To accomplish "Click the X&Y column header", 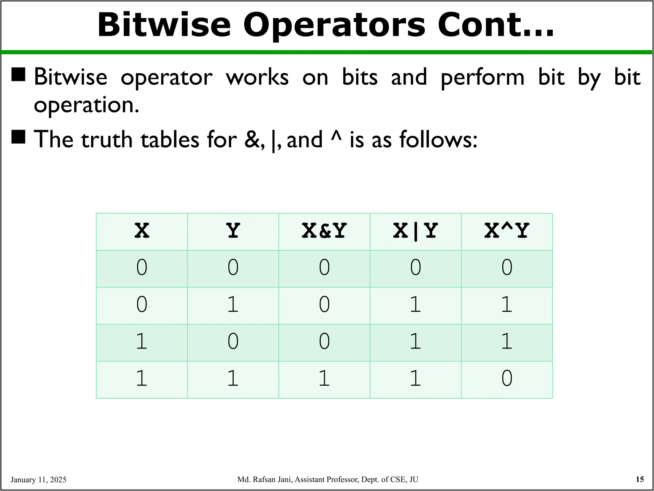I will click(324, 231).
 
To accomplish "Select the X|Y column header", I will click(415, 231).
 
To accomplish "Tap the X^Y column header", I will click(507, 231).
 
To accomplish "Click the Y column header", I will click(233, 231).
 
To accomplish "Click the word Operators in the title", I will click(334, 26).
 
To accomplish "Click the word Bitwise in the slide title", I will click(164, 26).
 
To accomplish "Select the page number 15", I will click(640, 479).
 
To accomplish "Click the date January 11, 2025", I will click(38, 480).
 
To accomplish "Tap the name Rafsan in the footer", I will click(265, 479).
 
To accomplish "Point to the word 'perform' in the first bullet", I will click(482, 78).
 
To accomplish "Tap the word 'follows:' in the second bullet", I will click(438, 140).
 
